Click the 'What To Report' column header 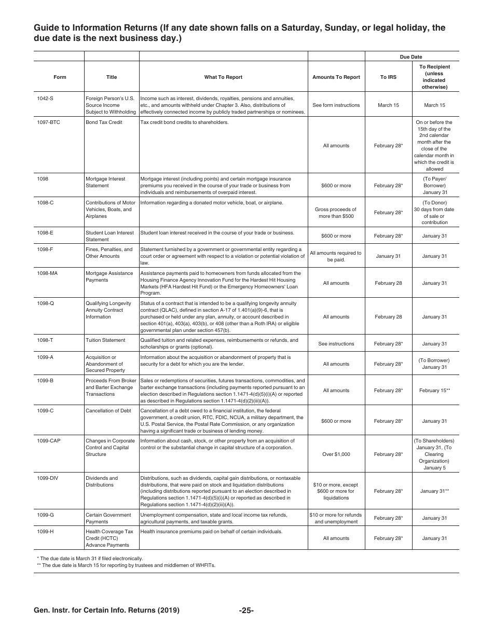click(223, 77)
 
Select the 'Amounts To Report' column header click(336, 77)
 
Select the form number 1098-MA click(47, 273)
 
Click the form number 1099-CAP click(49, 441)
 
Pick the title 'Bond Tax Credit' click(104, 122)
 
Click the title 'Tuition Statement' click(105, 340)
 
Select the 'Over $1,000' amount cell click(336, 454)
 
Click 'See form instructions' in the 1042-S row click(336, 105)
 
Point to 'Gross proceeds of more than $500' click(336, 213)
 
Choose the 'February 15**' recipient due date click(434, 391)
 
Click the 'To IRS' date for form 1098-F click(388, 256)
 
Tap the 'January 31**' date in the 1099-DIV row click(434, 491)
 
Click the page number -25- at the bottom click(246, 611)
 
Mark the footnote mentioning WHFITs click(126, 565)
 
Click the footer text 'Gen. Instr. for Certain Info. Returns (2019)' click(107, 611)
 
